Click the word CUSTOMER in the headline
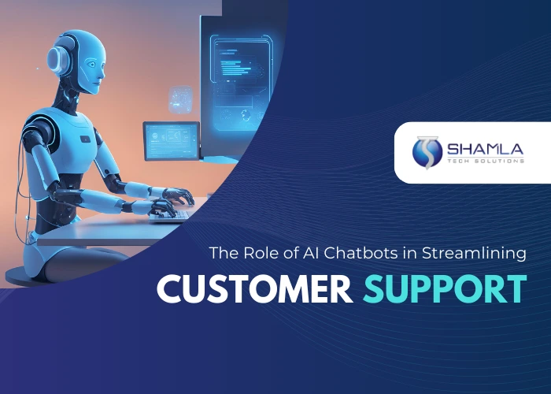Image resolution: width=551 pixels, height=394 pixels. point(254,289)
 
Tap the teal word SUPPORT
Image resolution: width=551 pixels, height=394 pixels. point(444,289)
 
